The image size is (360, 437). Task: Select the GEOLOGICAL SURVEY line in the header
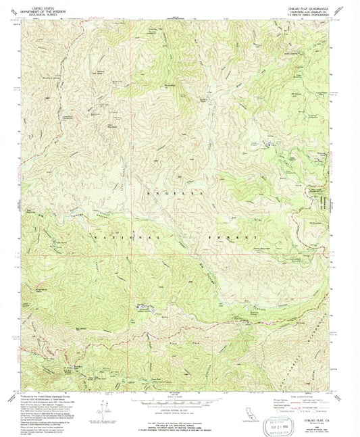(43, 12)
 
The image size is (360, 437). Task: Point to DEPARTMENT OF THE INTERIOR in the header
(43, 9)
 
